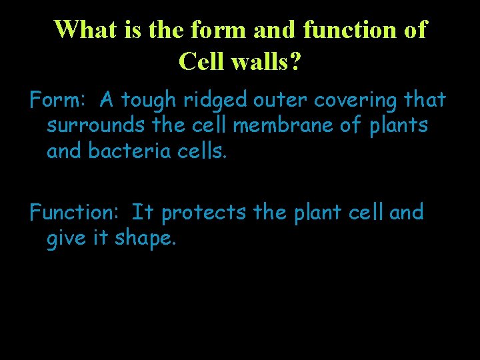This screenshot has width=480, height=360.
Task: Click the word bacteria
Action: click(x=129, y=151)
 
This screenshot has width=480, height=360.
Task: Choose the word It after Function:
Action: click(x=143, y=213)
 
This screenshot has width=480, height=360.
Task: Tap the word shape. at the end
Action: click(x=145, y=239)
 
